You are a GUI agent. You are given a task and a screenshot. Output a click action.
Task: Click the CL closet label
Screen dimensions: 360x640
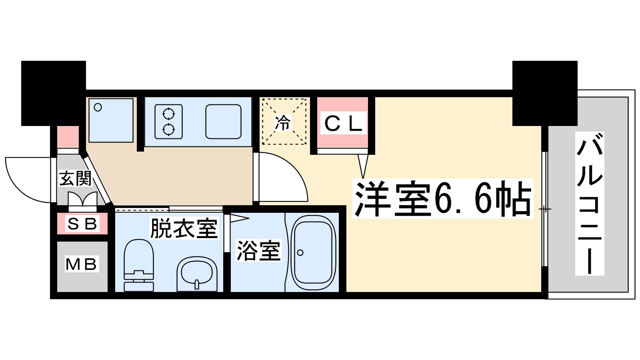(343, 124)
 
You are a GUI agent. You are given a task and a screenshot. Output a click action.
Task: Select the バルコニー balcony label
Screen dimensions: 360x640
(589, 204)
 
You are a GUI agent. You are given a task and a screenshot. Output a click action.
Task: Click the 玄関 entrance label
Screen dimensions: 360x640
(75, 178)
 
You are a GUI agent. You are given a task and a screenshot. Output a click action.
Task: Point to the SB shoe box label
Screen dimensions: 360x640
(82, 224)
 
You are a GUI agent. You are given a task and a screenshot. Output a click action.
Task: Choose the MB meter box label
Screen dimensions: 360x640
(82, 264)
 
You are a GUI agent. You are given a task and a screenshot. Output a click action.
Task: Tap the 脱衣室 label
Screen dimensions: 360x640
(184, 228)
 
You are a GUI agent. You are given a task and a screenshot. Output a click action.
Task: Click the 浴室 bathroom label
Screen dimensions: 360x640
(258, 251)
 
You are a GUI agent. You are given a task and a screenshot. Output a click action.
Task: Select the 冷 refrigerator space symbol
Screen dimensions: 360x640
(283, 122)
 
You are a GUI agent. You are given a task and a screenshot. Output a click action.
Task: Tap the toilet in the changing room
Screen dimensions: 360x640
(139, 264)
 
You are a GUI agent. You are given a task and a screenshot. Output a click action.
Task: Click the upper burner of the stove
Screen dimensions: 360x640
(169, 114)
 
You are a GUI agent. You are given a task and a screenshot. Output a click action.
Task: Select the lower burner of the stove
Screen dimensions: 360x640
(169, 130)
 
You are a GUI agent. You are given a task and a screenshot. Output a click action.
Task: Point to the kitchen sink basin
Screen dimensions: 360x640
(223, 122)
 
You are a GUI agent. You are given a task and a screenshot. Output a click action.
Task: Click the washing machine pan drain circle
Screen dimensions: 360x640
(98, 107)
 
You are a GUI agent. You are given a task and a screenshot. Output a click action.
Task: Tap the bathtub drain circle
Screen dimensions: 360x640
(300, 253)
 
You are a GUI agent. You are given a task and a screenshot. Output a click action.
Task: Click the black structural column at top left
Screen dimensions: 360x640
(53, 93)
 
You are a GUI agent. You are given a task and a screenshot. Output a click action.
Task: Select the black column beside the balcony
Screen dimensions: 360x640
(544, 93)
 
